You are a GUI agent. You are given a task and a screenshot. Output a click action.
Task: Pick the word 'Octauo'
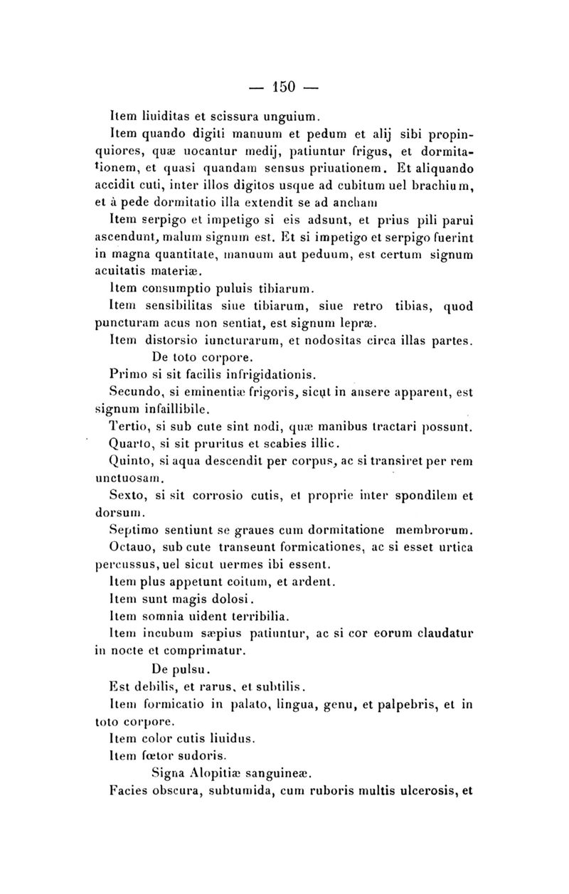point(133,548)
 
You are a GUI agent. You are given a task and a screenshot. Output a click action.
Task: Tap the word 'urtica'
point(455,548)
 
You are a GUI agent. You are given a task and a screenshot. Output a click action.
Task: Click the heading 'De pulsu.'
point(180,669)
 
